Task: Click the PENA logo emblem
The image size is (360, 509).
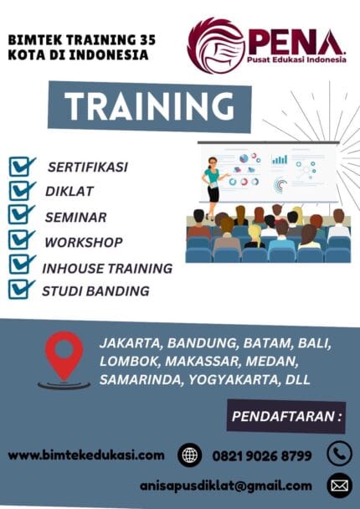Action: [215, 45]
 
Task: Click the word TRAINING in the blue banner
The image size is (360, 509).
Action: [150, 106]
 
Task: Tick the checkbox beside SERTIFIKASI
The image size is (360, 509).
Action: [22, 166]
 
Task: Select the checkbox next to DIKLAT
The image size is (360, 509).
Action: [22, 190]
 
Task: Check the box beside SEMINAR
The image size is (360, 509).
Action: [22, 215]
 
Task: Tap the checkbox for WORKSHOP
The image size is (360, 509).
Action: [22, 240]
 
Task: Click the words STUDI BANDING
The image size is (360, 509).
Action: [95, 291]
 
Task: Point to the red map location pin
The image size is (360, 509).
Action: [64, 355]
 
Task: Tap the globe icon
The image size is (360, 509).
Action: [190, 455]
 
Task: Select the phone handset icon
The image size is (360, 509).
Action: [339, 454]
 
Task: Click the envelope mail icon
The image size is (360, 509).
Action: [339, 485]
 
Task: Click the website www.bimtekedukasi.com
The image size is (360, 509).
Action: [86, 455]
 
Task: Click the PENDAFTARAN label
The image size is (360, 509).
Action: [286, 415]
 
